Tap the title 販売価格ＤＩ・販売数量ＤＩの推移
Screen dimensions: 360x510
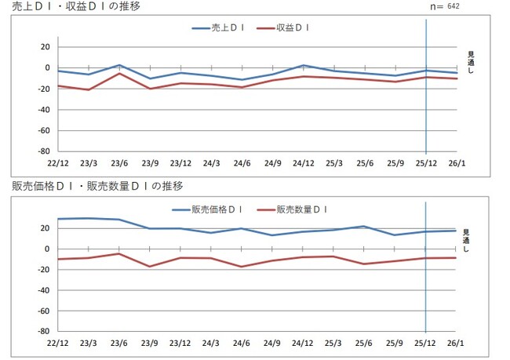pyautogui.click(x=98, y=186)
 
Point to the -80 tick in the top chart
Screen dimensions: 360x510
pyautogui.click(x=42, y=151)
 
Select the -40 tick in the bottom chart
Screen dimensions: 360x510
pyautogui.click(x=42, y=290)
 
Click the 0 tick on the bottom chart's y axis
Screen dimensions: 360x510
pyautogui.click(x=47, y=249)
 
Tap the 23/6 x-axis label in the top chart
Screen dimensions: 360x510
pyautogui.click(x=119, y=163)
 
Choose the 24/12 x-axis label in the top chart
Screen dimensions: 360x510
pyautogui.click(x=303, y=163)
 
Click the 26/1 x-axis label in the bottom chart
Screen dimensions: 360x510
pyautogui.click(x=456, y=343)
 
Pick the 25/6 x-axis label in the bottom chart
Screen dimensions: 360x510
pyautogui.click(x=364, y=343)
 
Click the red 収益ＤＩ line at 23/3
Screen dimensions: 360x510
pyautogui.click(x=89, y=89)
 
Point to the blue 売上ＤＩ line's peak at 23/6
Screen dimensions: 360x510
pyautogui.click(x=119, y=65)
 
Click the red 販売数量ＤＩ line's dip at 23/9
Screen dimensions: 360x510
pyautogui.click(x=150, y=267)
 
